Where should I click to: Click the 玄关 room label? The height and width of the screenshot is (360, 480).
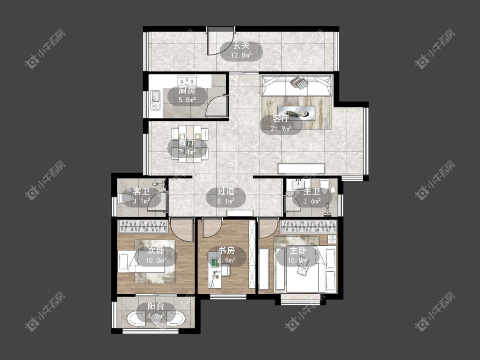tap(241, 46)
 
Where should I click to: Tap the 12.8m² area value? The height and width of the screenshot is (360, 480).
tap(241, 55)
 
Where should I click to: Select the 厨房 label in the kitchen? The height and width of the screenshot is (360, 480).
tap(187, 90)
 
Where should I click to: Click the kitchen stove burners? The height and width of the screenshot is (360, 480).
tap(187, 81)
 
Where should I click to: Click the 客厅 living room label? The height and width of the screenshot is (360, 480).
tap(281, 119)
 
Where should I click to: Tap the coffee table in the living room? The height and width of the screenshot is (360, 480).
tap(297, 113)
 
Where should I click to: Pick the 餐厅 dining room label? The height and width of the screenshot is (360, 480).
tap(187, 142)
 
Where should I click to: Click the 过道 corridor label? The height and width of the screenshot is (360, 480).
tap(226, 192)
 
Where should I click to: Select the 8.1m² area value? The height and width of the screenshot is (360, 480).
tap(226, 201)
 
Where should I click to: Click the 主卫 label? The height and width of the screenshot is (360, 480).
tap(312, 192)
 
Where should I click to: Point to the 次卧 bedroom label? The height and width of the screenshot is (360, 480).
tap(156, 250)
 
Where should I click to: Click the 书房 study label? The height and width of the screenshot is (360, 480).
tap(227, 250)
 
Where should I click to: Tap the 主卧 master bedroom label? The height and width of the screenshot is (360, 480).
tap(298, 250)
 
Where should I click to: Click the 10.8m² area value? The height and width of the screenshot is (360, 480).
tap(298, 261)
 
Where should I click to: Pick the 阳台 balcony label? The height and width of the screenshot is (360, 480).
tap(156, 306)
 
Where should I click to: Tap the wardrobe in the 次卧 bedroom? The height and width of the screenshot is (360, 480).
tap(143, 226)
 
